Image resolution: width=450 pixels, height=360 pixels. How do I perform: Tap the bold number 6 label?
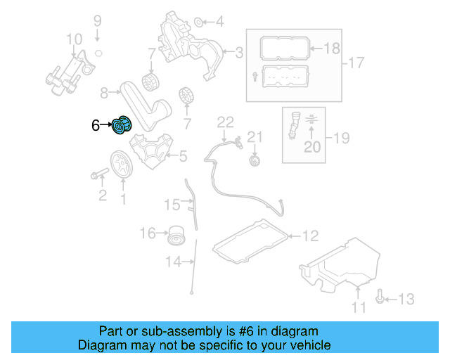pyautogui.click(x=96, y=127)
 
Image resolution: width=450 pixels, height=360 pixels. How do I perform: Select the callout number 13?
pyautogui.click(x=406, y=300)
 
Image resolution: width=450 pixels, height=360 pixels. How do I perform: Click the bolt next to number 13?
pyautogui.click(x=380, y=298)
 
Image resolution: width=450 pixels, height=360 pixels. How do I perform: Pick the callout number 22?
pyautogui.click(x=224, y=122)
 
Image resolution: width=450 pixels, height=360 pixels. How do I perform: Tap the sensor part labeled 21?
pyautogui.click(x=255, y=162)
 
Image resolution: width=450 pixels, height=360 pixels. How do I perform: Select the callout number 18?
pyautogui.click(x=331, y=49)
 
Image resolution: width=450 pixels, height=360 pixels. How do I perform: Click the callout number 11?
pyautogui.click(x=359, y=307)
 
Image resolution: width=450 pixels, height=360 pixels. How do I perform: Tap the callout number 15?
pyautogui.click(x=172, y=205)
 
